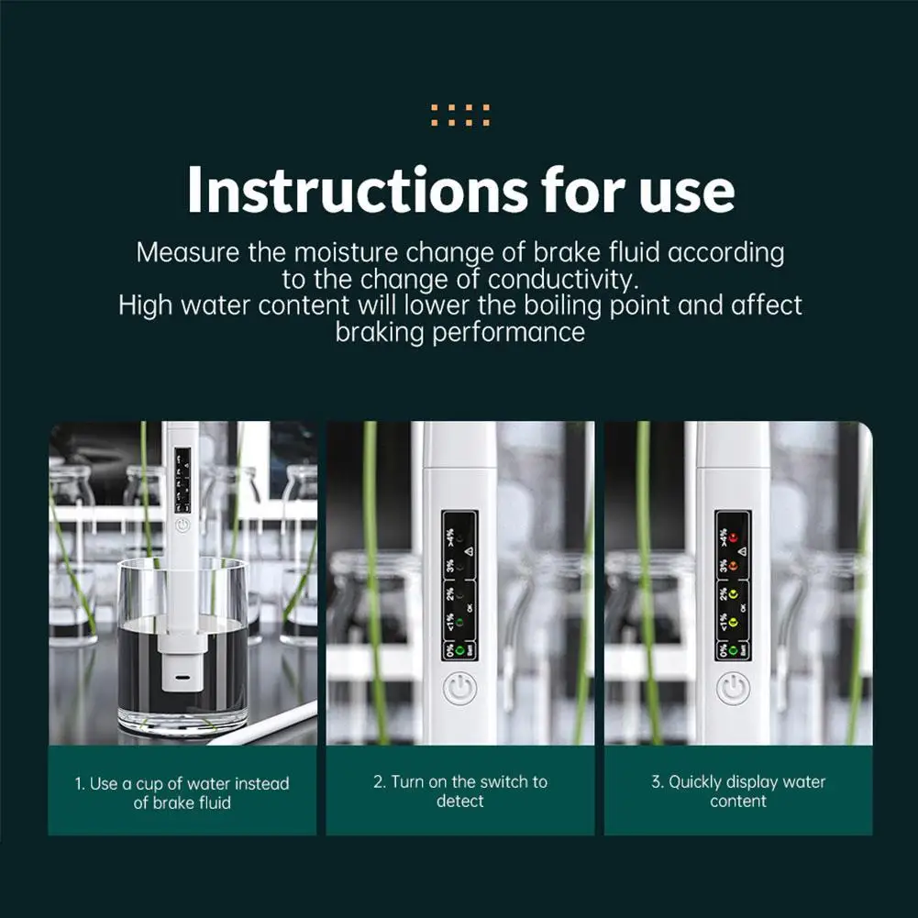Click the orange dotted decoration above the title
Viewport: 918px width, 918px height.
tap(459, 116)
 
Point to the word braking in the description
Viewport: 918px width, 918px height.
tap(380, 331)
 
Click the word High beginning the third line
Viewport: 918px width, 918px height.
tap(147, 304)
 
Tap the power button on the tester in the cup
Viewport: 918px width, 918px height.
tap(182, 525)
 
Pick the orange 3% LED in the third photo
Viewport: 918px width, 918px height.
tap(735, 566)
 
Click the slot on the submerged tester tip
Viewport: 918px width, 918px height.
tap(183, 682)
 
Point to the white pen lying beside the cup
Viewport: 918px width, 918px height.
tap(266, 724)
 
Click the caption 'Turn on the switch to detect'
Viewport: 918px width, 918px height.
tap(459, 791)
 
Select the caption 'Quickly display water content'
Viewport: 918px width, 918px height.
tap(738, 791)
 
